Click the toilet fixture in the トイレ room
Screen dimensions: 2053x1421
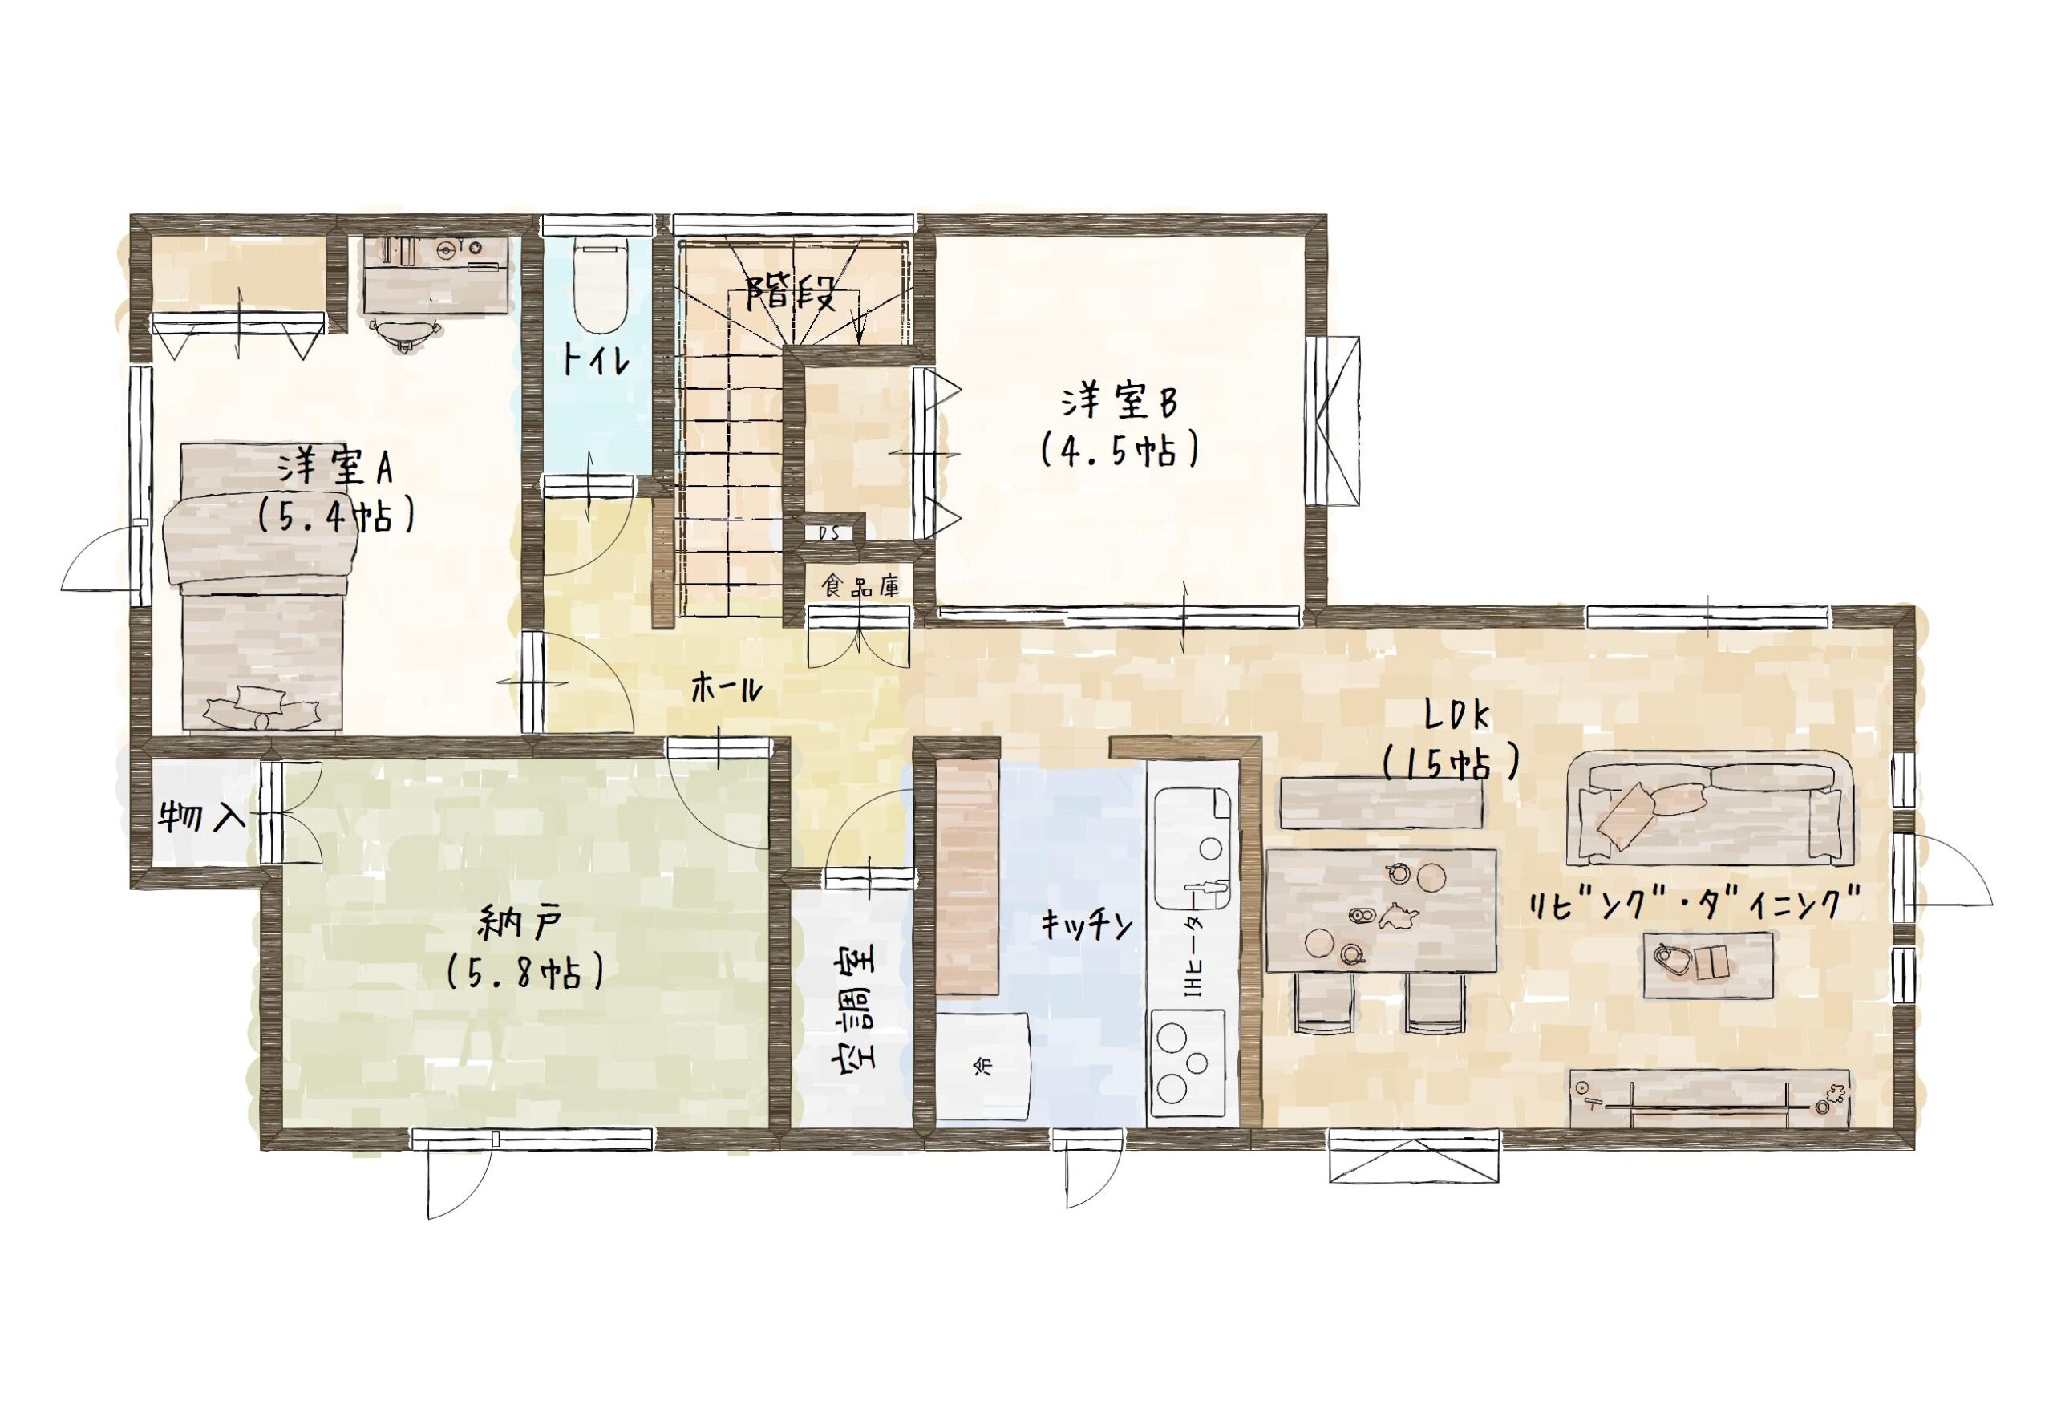pyautogui.click(x=597, y=282)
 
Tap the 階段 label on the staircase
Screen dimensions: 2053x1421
pyautogui.click(x=792, y=291)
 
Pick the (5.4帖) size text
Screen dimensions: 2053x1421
pyautogui.click(x=334, y=516)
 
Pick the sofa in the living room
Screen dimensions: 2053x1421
pyautogui.click(x=1708, y=808)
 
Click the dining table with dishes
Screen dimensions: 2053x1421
pyautogui.click(x=1381, y=908)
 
